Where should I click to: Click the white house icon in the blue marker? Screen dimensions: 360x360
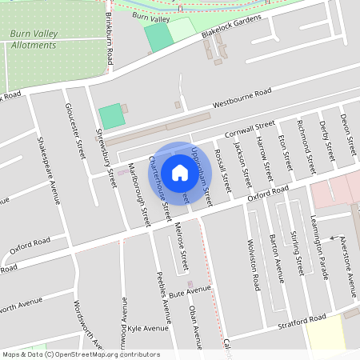tap(180, 172)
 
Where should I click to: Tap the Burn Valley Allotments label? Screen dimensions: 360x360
tap(34, 40)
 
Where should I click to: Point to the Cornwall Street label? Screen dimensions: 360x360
tap(250, 129)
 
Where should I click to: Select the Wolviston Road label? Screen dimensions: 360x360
tap(252, 265)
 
